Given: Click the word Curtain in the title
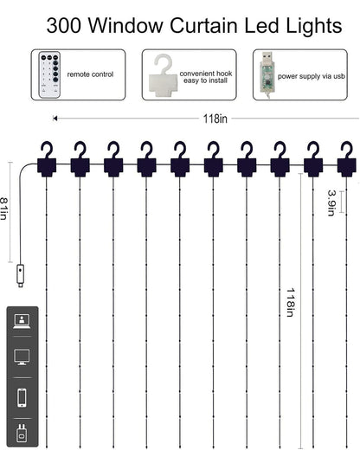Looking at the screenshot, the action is (x=204, y=25).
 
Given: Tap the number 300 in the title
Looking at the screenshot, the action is (x=64, y=25).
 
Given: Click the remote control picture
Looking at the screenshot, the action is (x=49, y=74).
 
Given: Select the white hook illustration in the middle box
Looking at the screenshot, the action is (x=163, y=75).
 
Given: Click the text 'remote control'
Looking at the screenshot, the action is (x=90, y=74).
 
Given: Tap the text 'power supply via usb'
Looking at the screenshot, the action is (x=312, y=76).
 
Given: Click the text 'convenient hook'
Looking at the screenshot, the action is (x=206, y=74).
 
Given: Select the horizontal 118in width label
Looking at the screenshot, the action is (x=215, y=119).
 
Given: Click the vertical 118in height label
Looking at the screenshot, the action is (x=291, y=302).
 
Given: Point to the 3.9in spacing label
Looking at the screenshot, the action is (x=331, y=202).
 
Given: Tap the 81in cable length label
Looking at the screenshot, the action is (x=3, y=209).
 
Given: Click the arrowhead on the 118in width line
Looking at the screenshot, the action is (x=55, y=119).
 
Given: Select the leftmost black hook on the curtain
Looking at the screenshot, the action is (x=47, y=159).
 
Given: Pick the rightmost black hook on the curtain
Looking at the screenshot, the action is (x=347, y=159).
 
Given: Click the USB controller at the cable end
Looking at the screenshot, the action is (x=21, y=275).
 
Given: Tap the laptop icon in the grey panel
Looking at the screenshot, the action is (x=22, y=321).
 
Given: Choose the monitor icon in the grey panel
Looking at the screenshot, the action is (x=22, y=357).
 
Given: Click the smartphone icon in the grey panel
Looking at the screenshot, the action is (x=22, y=398).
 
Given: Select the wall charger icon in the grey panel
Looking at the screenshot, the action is (x=22, y=433).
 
